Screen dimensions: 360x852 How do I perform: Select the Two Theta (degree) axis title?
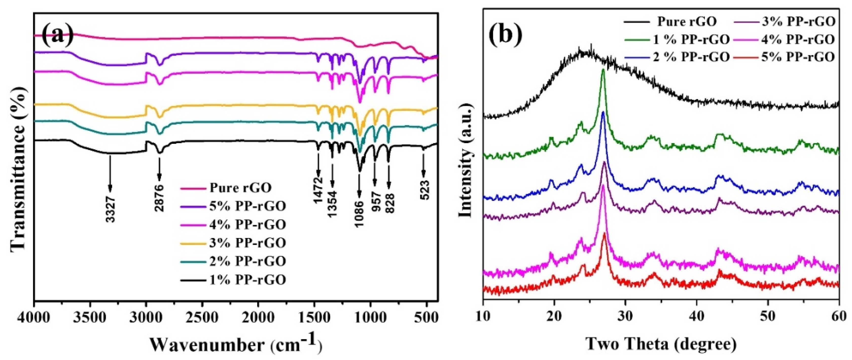coord(661,345)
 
